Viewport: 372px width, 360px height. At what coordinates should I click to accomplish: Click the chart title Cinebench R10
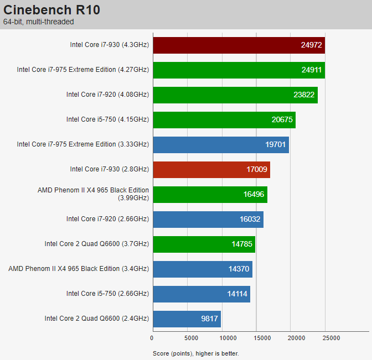tap(51, 10)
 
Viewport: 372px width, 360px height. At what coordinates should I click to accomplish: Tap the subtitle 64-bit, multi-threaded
tap(38, 22)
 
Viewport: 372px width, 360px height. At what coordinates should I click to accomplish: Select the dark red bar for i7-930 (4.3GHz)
tap(239, 45)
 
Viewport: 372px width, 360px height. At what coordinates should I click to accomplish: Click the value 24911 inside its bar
tap(312, 70)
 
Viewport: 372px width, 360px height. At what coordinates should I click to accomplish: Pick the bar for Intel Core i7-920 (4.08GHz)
tap(235, 95)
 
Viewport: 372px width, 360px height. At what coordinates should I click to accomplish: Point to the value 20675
tap(282, 119)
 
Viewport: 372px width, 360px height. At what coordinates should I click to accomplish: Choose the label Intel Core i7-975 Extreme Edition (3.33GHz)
tap(83, 144)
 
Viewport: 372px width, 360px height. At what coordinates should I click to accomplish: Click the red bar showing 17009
tap(211, 169)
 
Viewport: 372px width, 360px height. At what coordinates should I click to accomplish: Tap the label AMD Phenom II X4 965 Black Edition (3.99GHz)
tap(93, 194)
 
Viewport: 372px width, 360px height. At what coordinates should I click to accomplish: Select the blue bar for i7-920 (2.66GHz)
tap(208, 219)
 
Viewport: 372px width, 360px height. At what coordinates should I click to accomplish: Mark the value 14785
tap(242, 244)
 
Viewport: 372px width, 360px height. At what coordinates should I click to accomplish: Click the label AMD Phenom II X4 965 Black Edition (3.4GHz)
tap(79, 269)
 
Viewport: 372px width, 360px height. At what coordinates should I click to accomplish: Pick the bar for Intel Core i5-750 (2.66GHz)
tap(201, 294)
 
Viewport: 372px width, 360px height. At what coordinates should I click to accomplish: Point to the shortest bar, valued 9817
tap(187, 319)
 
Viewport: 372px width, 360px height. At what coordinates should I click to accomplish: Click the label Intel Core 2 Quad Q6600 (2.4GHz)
tap(97, 319)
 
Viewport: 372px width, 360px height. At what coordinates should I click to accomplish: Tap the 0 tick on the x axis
tap(152, 338)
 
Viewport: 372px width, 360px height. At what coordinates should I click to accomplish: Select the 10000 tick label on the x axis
tap(228, 338)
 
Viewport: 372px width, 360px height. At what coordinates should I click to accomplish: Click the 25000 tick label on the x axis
tap(331, 338)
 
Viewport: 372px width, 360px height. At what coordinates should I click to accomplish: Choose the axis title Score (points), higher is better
tap(196, 353)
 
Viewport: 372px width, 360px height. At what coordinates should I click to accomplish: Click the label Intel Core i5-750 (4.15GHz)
tap(108, 119)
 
